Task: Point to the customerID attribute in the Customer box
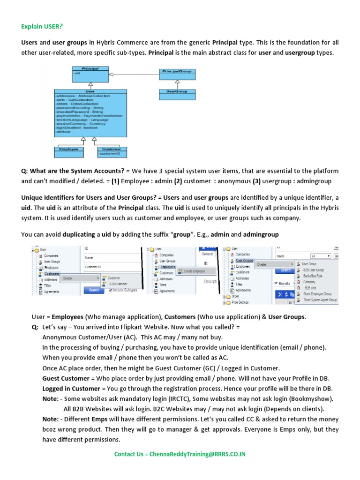(108, 153)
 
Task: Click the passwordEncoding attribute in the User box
(79, 107)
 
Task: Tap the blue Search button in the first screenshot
(94, 290)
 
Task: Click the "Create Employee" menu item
(194, 271)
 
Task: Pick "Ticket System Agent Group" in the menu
(319, 300)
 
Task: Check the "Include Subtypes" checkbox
(111, 290)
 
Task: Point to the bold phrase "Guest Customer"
(66, 379)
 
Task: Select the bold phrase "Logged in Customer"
(71, 389)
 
